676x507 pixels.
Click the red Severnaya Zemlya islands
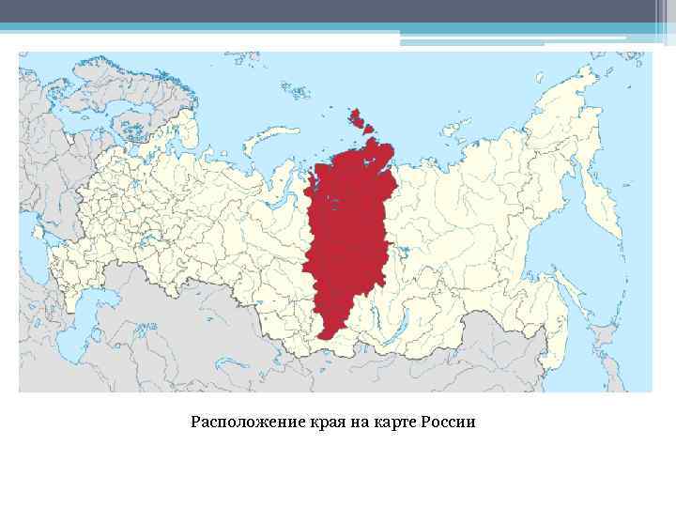[357, 119]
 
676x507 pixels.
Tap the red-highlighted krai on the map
[347, 235]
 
